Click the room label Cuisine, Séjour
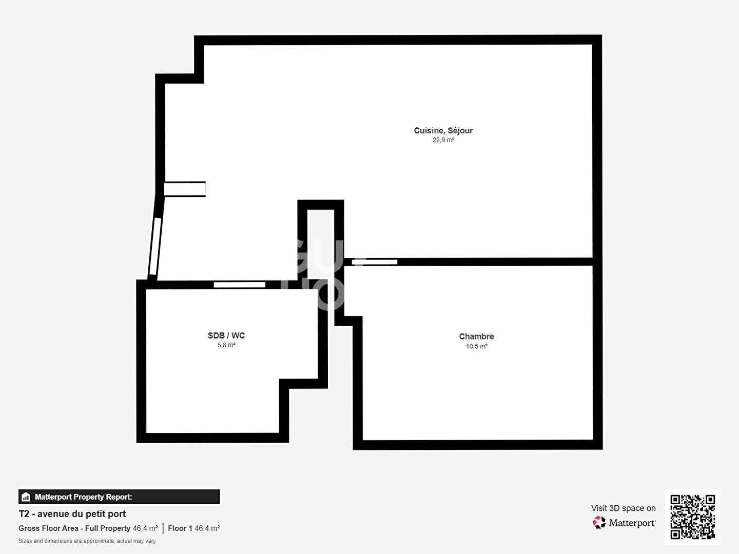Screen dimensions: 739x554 click(443, 130)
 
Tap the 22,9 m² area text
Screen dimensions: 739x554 click(443, 140)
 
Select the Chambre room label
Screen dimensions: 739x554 click(476, 337)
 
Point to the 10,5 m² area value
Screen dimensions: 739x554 click(476, 346)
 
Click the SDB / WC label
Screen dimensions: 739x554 click(226, 335)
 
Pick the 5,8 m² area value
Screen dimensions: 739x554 click(226, 345)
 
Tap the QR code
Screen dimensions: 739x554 click(692, 517)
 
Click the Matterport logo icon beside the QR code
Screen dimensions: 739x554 click(599, 522)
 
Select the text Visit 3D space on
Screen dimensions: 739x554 click(623, 508)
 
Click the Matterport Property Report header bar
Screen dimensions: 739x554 click(119, 497)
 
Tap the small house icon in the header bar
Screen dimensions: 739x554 click(26, 497)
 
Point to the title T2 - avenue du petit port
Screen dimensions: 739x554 click(72, 514)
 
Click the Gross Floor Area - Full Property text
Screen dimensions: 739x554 click(74, 528)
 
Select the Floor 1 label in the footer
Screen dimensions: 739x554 click(180, 528)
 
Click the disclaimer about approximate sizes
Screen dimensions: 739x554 click(87, 541)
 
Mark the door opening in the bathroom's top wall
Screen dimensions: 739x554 click(239, 285)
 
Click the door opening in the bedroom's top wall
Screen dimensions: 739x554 click(375, 262)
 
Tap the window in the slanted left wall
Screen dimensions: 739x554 click(155, 246)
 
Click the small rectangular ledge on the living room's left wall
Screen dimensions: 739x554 click(185, 189)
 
